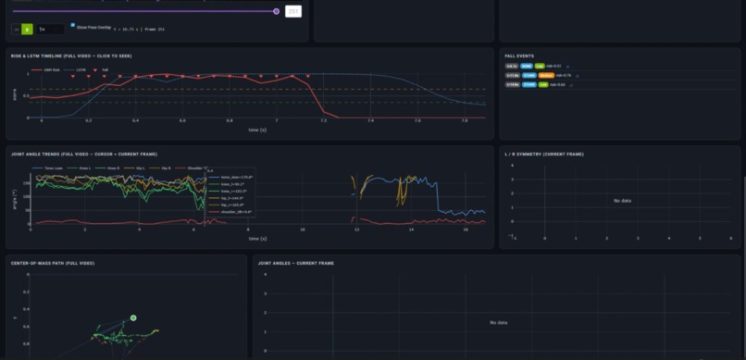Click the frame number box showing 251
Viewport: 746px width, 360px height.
point(293,11)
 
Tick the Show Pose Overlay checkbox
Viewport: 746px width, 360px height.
point(73,28)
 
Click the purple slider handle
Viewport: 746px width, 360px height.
point(276,11)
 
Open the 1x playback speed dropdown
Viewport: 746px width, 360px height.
point(47,30)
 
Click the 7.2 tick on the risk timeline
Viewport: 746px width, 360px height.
point(323,121)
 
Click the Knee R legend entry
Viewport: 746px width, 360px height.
point(115,168)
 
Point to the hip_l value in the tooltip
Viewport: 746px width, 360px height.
point(229,197)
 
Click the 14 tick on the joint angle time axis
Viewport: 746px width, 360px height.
point(410,229)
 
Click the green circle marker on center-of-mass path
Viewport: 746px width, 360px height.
point(133,317)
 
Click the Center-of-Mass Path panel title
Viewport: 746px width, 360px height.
point(53,263)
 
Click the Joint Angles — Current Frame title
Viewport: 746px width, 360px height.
point(296,263)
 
